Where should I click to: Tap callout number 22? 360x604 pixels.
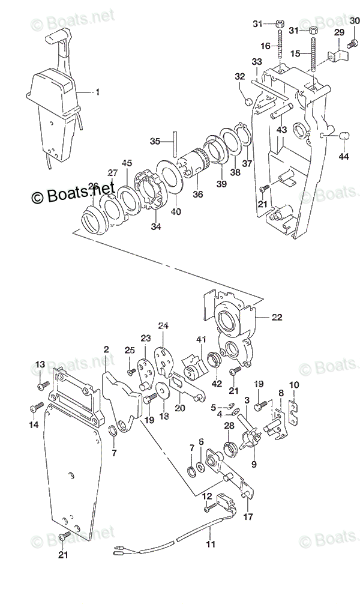click(277, 316)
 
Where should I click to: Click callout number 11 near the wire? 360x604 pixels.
click(209, 545)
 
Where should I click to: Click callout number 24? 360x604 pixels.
click(164, 326)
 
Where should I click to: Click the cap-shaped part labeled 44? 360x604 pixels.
click(344, 137)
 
